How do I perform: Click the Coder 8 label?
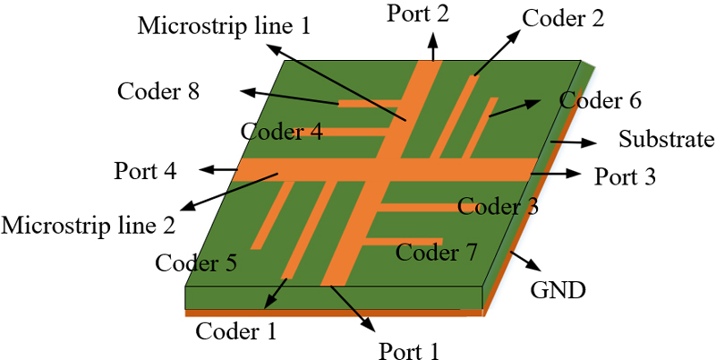(158, 91)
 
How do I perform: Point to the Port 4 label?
(146, 170)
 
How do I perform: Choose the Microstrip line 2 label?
(88, 224)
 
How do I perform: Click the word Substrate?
(667, 140)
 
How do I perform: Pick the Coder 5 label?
(196, 263)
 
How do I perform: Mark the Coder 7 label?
(437, 253)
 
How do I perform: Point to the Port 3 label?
(626, 176)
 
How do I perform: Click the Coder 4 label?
(282, 133)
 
